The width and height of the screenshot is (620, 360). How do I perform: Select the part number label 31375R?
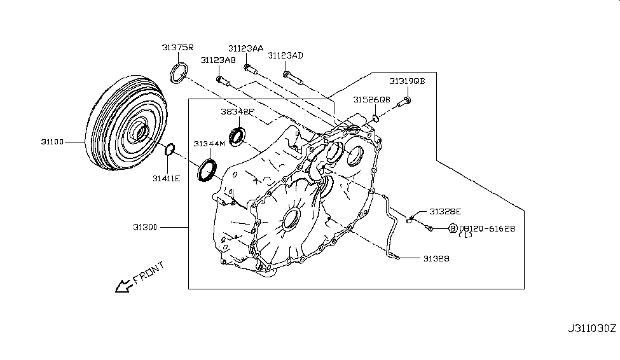(177, 48)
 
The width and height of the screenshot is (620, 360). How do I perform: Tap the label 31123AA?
(246, 48)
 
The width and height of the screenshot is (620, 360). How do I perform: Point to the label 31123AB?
(218, 60)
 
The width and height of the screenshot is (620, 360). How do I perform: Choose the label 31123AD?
(286, 56)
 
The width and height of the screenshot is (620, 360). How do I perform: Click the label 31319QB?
(407, 81)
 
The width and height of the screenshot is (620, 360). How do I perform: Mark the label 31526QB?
(372, 100)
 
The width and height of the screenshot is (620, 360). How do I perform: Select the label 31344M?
(210, 144)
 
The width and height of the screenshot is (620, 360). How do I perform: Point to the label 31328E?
(444, 211)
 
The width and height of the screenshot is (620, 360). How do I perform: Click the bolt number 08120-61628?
(487, 228)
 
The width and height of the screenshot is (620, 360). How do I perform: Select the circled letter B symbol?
(453, 228)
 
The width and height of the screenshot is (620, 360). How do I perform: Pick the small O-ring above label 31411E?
(170, 150)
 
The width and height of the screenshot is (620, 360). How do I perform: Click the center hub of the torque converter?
(138, 133)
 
